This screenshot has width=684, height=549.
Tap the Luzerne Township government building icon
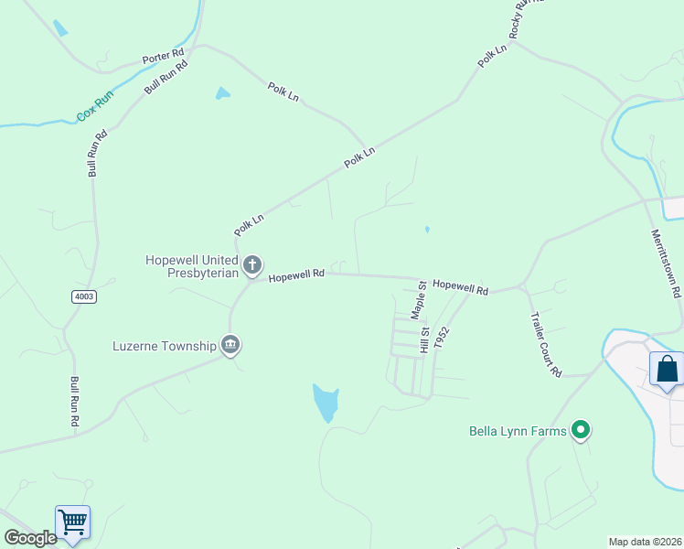pyautogui.click(x=230, y=345)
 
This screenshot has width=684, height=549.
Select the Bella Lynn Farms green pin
pyautogui.click(x=579, y=429)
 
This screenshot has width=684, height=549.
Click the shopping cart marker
pyautogui.click(x=72, y=522)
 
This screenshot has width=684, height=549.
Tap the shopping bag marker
pyautogui.click(x=667, y=370)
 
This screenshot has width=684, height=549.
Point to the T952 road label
pyautogui.click(x=443, y=338)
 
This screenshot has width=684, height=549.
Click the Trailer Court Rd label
pyautogui.click(x=545, y=344)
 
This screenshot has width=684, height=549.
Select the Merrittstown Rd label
pyautogui.click(x=665, y=264)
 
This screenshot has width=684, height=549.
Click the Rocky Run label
pyautogui.click(x=526, y=18)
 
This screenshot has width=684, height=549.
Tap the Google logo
pyautogui.click(x=30, y=538)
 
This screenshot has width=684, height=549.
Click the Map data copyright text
pyautogui.click(x=645, y=542)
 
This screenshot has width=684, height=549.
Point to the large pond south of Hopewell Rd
pyautogui.click(x=326, y=402)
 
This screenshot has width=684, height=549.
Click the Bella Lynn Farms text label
pyautogui.click(x=517, y=430)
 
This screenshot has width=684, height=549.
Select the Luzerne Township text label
pyautogui.click(x=164, y=346)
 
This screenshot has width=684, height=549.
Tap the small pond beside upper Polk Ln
pyautogui.click(x=222, y=93)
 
